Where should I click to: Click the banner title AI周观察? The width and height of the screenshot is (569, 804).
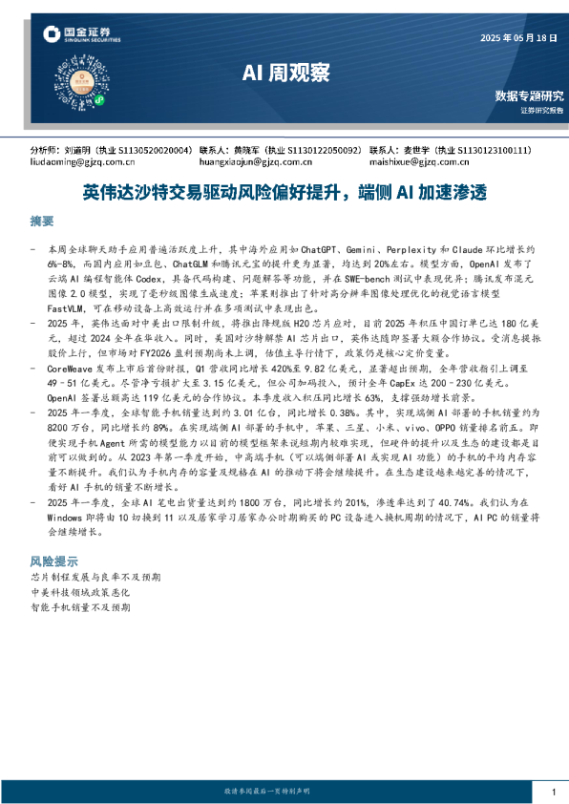[284, 73]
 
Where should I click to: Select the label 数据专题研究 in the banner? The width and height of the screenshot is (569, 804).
[529, 95]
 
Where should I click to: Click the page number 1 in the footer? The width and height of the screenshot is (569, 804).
[554, 793]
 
